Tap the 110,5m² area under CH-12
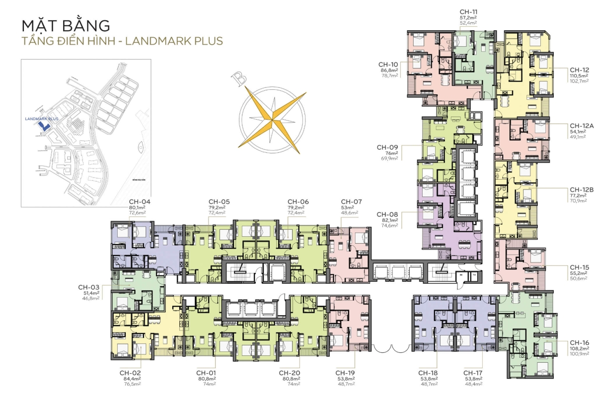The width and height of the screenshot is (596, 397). coord(579,76)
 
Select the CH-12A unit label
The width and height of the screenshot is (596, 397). coord(582,126)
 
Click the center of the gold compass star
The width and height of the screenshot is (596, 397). coord(272,118)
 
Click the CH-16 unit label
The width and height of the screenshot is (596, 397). coord(580,343)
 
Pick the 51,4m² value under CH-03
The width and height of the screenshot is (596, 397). coord(91,293)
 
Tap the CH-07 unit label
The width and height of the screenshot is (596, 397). coord(351,201)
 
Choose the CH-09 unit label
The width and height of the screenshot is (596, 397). coord(387,147)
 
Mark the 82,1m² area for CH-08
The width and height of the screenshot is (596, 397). coord(387,220)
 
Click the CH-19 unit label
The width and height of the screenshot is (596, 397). coord(346,373)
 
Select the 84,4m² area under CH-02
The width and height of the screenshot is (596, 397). coord(130,379)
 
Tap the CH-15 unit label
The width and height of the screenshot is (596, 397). coord(579,266)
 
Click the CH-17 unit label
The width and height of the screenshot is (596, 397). coord(474,373)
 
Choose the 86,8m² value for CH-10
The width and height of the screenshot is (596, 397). coord(388,70)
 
